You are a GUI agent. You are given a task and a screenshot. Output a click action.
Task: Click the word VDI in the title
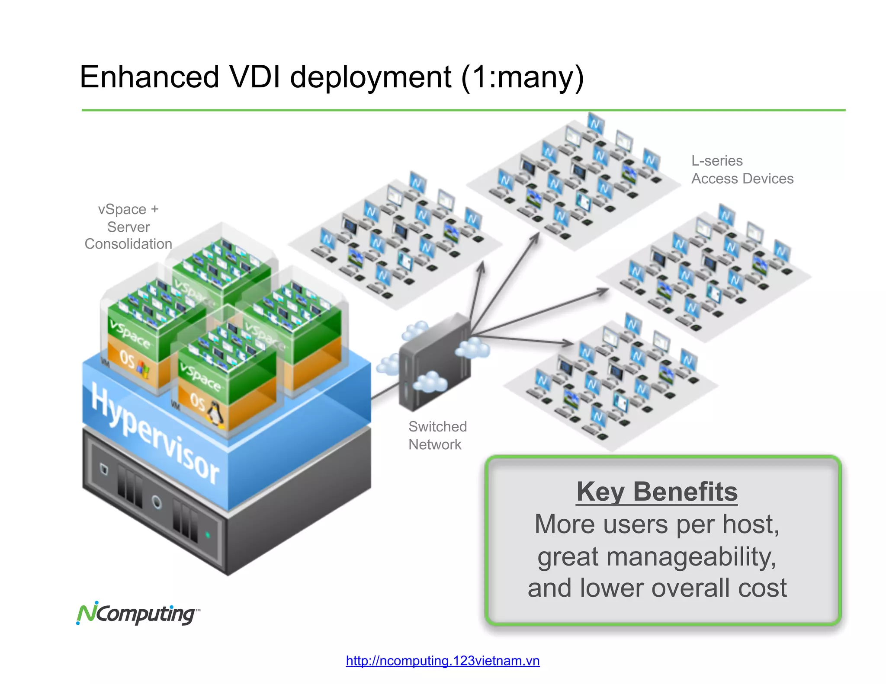click(255, 77)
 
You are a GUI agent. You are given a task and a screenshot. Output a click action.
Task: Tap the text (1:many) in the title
click(522, 78)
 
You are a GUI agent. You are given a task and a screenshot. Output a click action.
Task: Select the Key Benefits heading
click(657, 492)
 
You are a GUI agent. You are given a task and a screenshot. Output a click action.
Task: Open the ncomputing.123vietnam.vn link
click(443, 661)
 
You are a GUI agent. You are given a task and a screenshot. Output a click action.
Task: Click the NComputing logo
click(138, 614)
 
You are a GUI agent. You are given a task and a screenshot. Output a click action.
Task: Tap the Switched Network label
click(437, 435)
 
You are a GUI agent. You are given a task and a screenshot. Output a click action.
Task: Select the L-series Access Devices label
click(742, 169)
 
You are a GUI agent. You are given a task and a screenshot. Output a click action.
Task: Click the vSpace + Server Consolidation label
click(128, 227)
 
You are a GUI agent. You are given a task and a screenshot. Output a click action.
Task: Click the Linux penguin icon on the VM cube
click(215, 413)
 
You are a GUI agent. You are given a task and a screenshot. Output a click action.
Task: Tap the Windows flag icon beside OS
click(143, 369)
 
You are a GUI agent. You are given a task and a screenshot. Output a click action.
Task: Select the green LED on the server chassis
click(208, 535)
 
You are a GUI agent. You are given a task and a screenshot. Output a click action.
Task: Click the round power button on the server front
click(157, 502)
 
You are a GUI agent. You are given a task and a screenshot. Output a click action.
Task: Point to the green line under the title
click(463, 110)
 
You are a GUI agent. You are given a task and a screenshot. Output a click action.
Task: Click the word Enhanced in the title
click(149, 77)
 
